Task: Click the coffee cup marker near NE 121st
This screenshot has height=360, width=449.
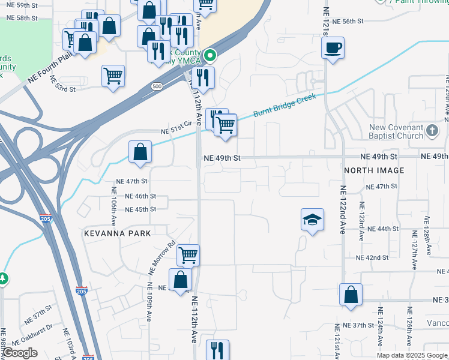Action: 333,48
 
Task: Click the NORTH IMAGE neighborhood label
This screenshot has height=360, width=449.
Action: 374,170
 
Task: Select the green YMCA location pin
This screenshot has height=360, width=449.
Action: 210,56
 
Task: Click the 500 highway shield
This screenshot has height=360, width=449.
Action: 157,86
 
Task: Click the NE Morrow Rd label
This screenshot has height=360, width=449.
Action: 162,257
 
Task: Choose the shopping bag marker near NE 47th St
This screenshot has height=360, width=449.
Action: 140,152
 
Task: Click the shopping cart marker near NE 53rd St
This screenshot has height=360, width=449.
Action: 113,76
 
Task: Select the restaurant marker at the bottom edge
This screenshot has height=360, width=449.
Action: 217,350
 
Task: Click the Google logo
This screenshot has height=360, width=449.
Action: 20,353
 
